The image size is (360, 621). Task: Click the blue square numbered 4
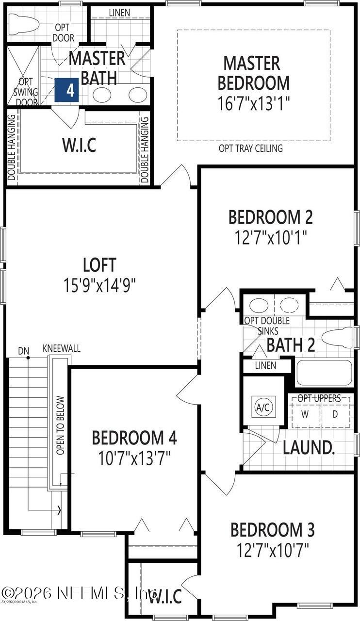[70, 90]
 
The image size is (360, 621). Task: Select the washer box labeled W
[305, 414]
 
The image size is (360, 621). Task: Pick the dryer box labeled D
[335, 414]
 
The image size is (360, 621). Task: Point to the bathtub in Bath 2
[324, 373]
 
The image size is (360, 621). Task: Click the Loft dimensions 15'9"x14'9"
[99, 285]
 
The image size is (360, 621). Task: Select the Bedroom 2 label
[271, 217]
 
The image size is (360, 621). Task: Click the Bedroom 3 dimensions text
[273, 551]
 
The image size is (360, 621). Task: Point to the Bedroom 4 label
[134, 438]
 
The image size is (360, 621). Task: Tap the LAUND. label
[309, 447]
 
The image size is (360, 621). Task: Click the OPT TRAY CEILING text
[250, 148]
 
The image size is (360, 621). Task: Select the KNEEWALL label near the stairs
[62, 349]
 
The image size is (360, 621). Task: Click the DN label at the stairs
[24, 350]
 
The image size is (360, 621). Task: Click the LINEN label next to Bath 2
[265, 365]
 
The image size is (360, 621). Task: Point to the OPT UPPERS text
[319, 398]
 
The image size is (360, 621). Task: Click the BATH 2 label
[291, 345]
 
